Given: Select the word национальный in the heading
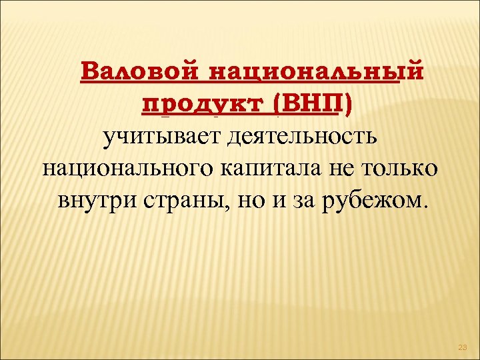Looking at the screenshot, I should coord(315,72).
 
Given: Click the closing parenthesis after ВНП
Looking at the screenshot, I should coord(351,105).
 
